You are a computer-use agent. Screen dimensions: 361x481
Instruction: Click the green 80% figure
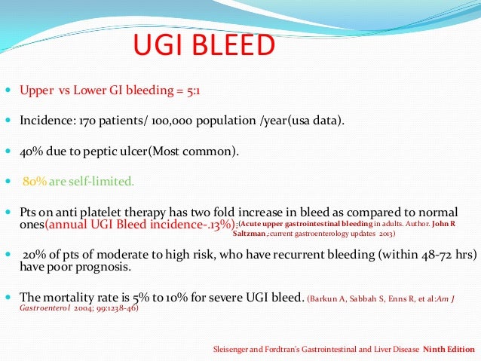tap(35, 181)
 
